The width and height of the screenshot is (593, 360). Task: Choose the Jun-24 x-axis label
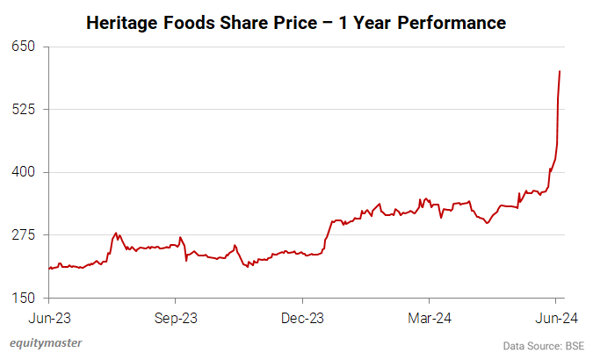[x=554, y=318]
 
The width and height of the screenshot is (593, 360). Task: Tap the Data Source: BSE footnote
[x=544, y=345]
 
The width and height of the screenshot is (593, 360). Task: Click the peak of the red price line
[x=560, y=71]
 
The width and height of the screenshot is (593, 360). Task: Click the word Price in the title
[x=299, y=22]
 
